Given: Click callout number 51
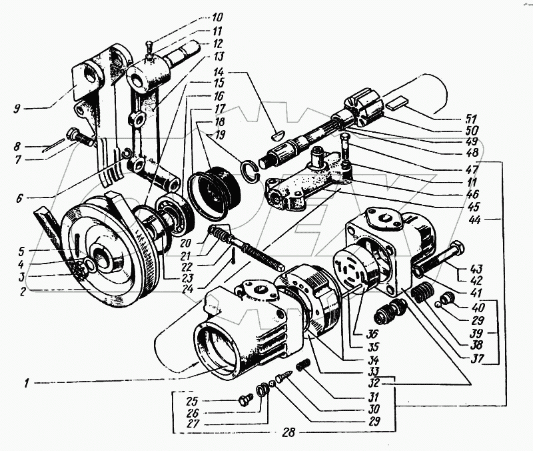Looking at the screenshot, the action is (x=472, y=119).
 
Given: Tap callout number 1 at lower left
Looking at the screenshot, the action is (x=26, y=384).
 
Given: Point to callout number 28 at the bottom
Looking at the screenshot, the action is (x=288, y=432).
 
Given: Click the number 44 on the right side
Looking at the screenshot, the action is (x=474, y=220).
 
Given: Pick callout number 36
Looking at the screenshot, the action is (x=373, y=334).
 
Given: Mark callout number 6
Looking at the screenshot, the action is (x=19, y=197).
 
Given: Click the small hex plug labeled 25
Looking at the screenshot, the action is (x=245, y=399).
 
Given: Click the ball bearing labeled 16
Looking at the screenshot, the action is (x=175, y=213).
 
